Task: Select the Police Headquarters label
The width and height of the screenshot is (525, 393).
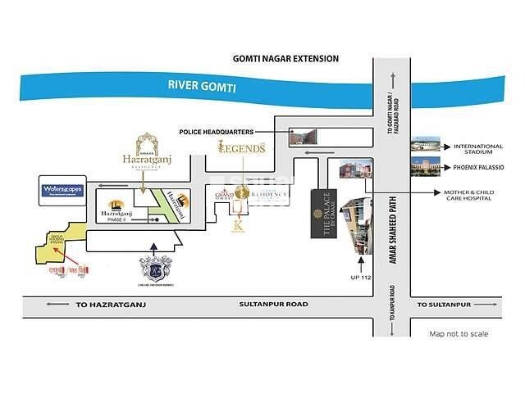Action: [x=216, y=131]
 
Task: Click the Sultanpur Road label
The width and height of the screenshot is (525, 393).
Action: [x=273, y=304]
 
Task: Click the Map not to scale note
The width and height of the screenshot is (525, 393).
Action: [x=459, y=333]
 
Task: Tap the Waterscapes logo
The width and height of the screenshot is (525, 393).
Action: [x=65, y=191]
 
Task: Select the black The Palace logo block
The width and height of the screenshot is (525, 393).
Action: [x=322, y=213]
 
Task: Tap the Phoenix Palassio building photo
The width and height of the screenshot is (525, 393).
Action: [x=426, y=167]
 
